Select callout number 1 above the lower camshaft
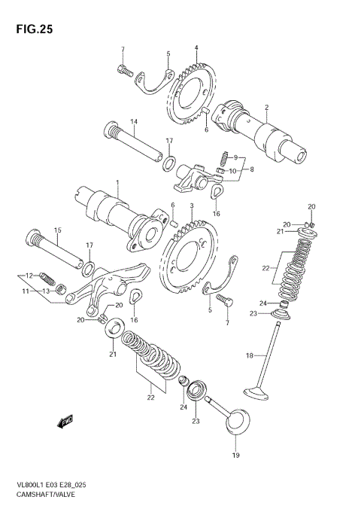click(117, 183)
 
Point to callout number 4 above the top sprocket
click(196, 48)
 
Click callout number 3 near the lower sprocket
click(192, 206)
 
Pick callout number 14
click(132, 121)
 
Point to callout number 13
click(45, 291)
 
